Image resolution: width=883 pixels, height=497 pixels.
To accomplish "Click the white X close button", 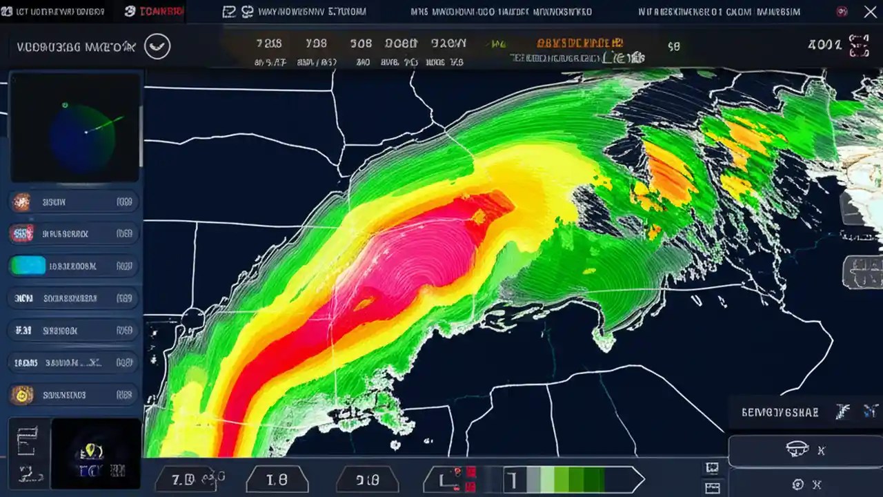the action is (x=870, y=12).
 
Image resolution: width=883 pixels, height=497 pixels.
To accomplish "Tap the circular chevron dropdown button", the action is (x=157, y=46).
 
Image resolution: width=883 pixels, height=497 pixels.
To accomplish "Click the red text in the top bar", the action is (x=162, y=12).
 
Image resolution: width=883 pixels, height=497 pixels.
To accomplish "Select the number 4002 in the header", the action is (x=824, y=45).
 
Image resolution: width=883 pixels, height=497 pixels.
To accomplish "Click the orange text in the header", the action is (x=579, y=43).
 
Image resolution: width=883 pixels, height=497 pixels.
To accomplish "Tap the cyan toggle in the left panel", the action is (x=28, y=266).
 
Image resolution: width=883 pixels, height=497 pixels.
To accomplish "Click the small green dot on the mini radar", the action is (x=65, y=106).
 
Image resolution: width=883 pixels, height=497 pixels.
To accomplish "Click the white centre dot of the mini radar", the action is (x=86, y=131).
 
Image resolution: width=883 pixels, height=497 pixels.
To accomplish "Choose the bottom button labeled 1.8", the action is (x=277, y=479).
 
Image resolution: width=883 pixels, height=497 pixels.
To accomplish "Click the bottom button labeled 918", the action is (x=367, y=479).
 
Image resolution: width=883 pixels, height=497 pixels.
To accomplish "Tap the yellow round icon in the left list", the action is (x=22, y=395).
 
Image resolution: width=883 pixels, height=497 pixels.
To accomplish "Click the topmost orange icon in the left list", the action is (x=22, y=202).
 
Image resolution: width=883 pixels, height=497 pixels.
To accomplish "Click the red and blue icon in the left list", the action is (x=22, y=234).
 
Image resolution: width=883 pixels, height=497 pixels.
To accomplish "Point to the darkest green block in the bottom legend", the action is (x=594, y=479).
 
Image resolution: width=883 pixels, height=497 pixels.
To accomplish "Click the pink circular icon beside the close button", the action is (x=842, y=12).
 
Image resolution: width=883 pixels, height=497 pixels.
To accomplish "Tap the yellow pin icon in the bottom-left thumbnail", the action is (x=92, y=452).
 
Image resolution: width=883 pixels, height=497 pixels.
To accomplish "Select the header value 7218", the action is (x=269, y=43).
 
